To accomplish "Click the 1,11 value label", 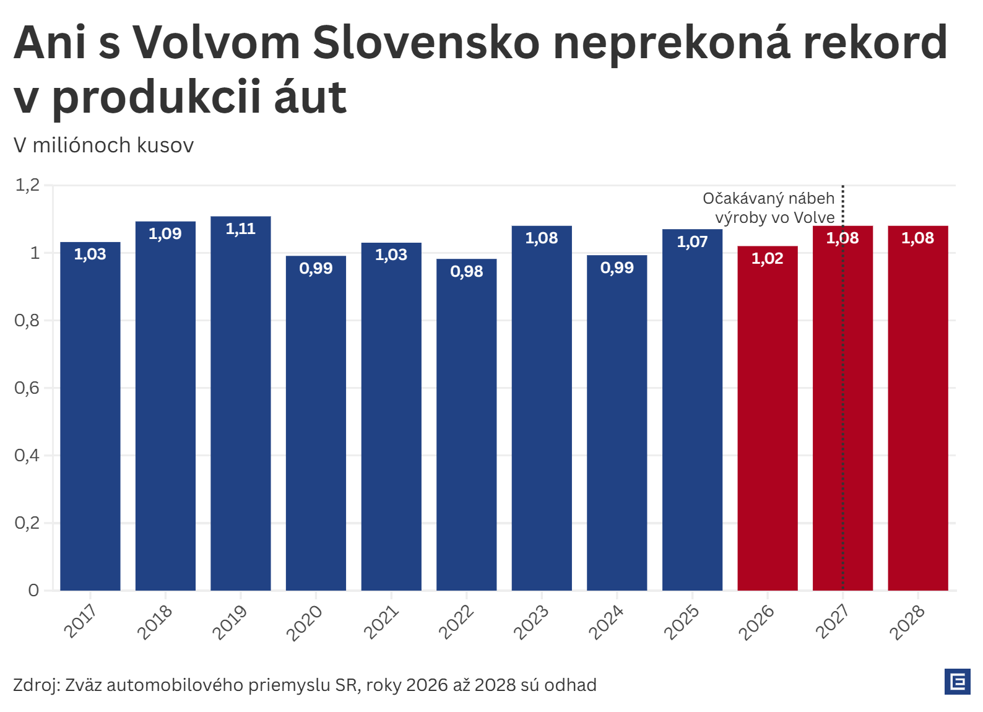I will [x=240, y=229].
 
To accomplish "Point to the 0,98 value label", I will [x=466, y=271].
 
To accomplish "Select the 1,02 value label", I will [x=767, y=258].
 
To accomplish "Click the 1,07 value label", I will [x=692, y=241].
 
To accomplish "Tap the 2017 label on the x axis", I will [x=80, y=620].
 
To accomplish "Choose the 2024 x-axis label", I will [x=606, y=622].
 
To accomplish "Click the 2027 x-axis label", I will [x=832, y=622].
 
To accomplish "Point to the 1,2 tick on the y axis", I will [x=27, y=185].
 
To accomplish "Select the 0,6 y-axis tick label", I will [x=27, y=388].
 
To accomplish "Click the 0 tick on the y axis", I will [x=33, y=590].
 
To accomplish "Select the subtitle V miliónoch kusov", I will [x=103, y=145].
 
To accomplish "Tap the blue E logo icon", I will [x=957, y=682].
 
